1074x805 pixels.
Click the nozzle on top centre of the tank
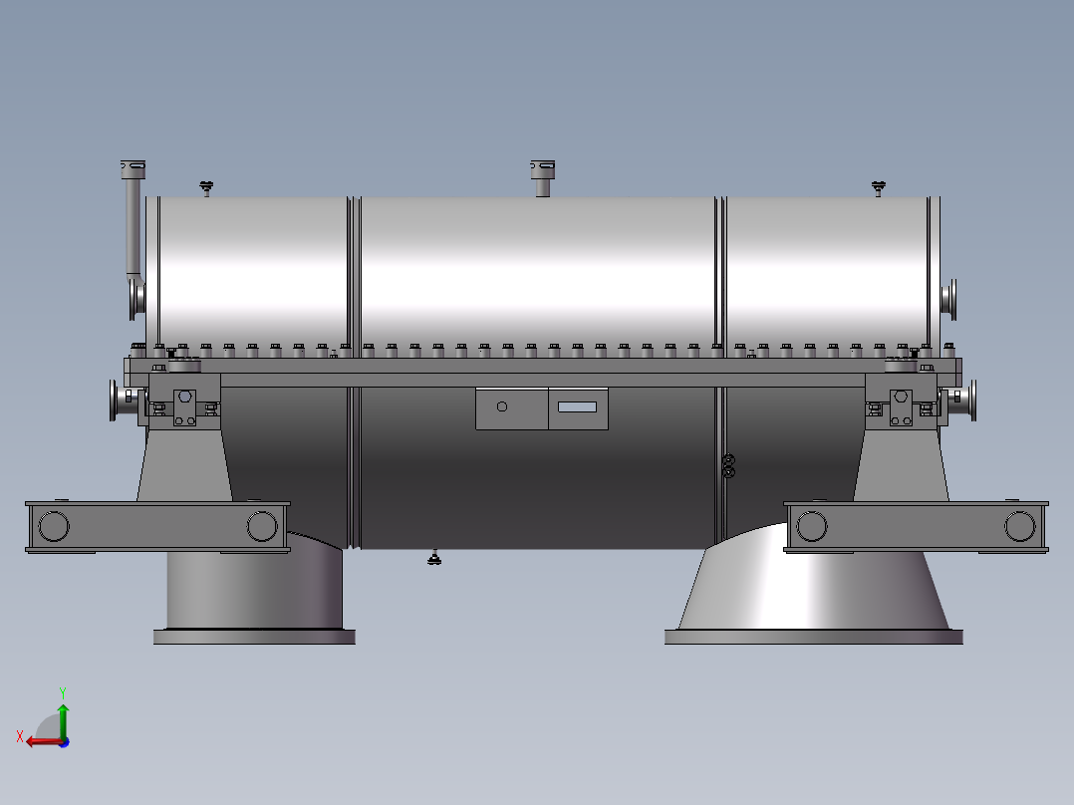pos(541,176)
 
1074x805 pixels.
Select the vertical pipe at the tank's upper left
pos(132,224)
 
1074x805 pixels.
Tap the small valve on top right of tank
pos(878,186)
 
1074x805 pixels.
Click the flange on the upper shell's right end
pos(950,297)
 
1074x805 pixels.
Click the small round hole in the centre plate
pos(502,406)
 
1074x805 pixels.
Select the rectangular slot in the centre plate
pos(577,406)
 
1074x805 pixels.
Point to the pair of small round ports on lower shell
pos(728,465)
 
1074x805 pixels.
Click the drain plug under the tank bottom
pos(434,557)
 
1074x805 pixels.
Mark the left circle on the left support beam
pos(54,525)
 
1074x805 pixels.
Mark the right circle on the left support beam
pos(262,525)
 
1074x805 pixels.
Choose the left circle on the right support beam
pos(812,525)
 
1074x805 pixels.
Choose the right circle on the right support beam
pos(1020,525)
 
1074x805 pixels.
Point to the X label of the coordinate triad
pos(19,736)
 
